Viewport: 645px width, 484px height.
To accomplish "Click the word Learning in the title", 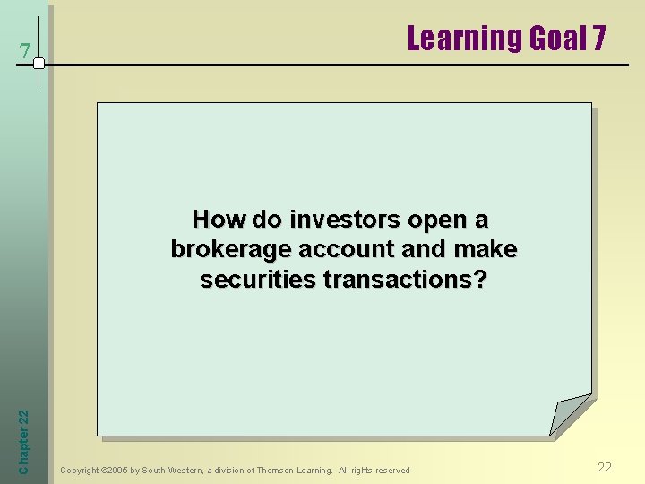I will pos(465,39).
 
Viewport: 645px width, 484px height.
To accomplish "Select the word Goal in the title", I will pos(558,39).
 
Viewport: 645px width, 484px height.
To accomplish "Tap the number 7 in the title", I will pos(598,39).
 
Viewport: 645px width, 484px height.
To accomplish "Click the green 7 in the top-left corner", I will pos(26,52).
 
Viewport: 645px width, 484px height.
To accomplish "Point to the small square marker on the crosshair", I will pos(39,64).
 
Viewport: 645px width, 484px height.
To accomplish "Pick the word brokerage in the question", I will pos(228,250).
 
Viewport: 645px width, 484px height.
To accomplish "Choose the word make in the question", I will pos(488,250).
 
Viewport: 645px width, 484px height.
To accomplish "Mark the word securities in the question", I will pos(258,280).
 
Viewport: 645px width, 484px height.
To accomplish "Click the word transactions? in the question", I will pos(405,280).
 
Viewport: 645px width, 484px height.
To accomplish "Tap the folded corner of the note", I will pos(570,416).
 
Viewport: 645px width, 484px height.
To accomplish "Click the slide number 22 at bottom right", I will pos(605,467).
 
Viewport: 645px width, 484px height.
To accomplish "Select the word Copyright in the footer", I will pos(80,471).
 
